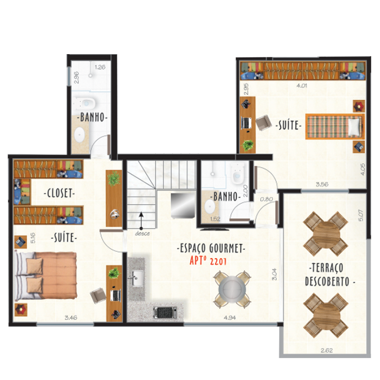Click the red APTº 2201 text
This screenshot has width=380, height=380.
click(x=208, y=261)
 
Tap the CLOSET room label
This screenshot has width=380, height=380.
click(x=59, y=193)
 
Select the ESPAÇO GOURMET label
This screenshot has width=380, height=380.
click(x=211, y=248)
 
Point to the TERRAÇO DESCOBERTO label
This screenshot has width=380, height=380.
click(x=330, y=275)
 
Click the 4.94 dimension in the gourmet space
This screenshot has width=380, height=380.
click(x=229, y=317)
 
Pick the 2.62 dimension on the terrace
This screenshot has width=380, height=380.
click(x=326, y=350)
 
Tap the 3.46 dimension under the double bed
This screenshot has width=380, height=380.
click(x=71, y=317)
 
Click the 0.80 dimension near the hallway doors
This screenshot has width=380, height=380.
click(x=266, y=199)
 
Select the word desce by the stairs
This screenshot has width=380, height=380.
click(x=142, y=234)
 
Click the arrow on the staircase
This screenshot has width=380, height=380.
click(x=141, y=220)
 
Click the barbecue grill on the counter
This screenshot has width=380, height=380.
click(x=165, y=312)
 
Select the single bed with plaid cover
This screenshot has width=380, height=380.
click(x=335, y=126)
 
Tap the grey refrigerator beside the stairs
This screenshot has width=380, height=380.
click(x=183, y=205)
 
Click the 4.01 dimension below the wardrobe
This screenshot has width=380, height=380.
click(x=302, y=85)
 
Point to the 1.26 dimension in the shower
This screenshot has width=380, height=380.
click(x=100, y=67)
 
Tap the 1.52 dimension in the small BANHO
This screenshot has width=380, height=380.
click(x=215, y=219)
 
